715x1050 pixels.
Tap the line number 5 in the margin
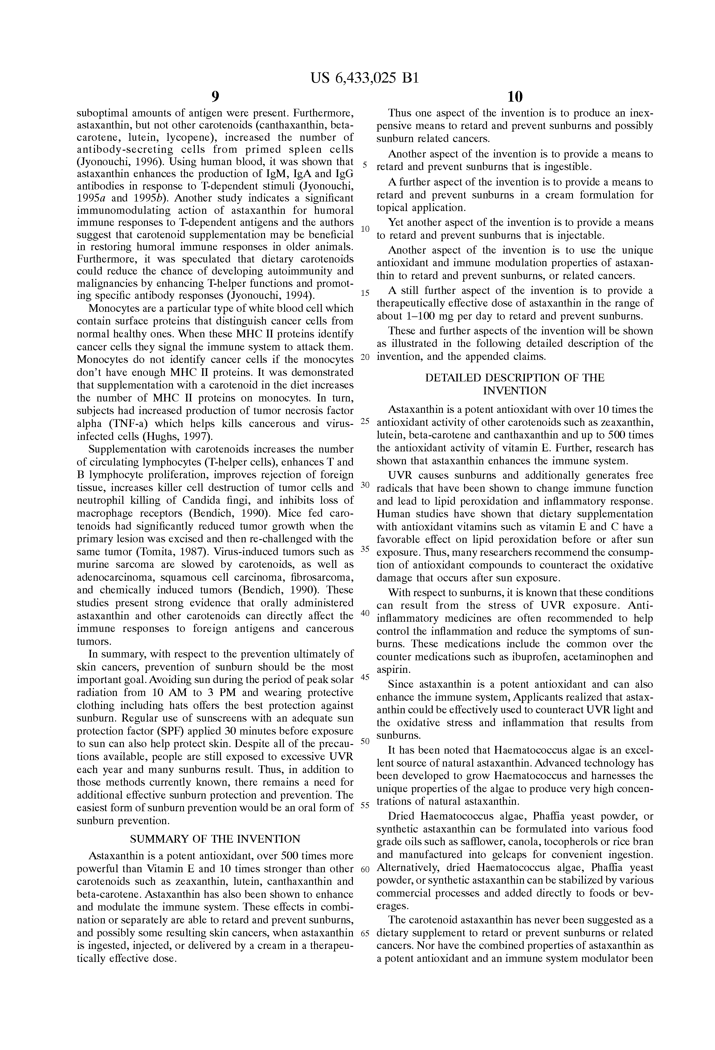tap(365, 165)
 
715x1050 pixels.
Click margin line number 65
tap(365, 934)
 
